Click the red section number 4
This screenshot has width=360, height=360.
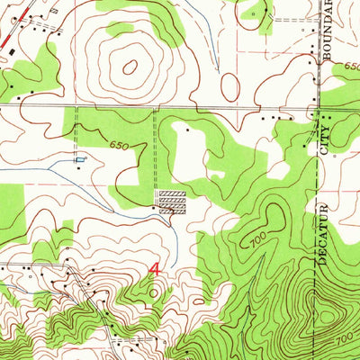point(155,269)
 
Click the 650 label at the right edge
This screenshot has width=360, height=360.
point(351,67)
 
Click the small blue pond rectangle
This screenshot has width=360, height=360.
point(82,159)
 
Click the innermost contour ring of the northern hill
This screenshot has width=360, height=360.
point(131,66)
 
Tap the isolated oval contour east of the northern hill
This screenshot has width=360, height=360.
point(230,87)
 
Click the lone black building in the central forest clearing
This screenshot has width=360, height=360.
point(187,130)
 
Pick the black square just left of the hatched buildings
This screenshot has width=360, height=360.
point(153,208)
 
